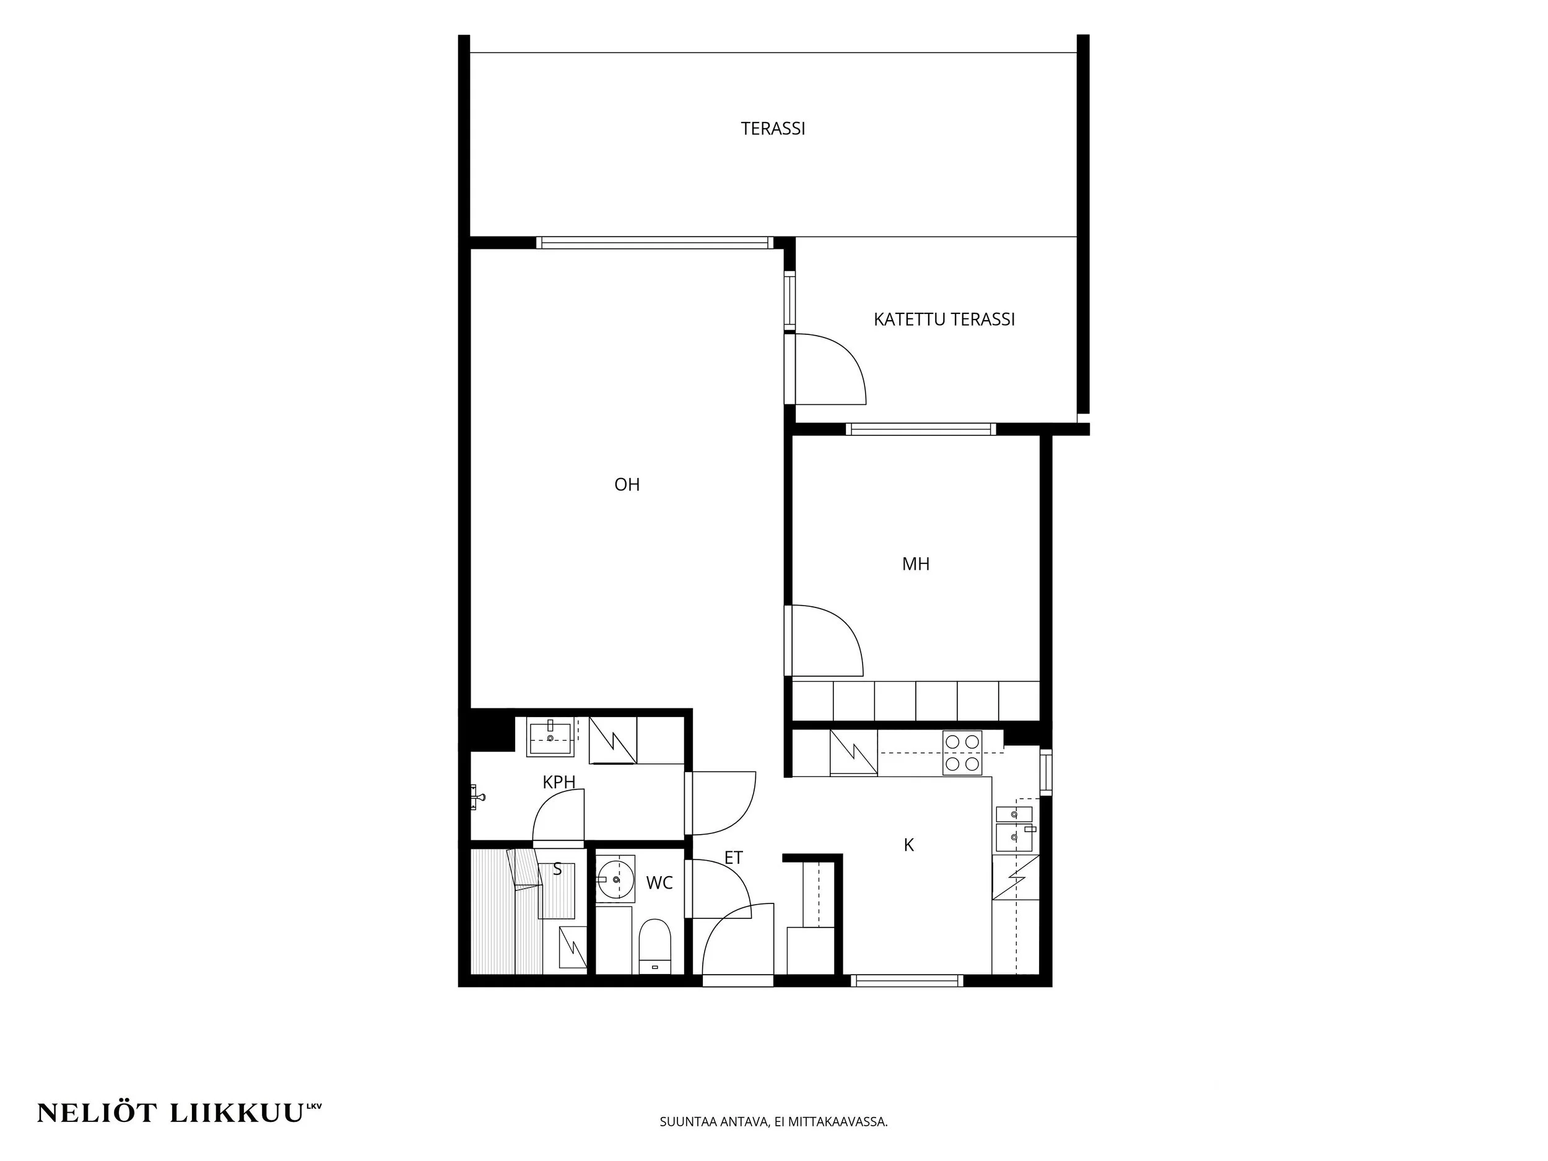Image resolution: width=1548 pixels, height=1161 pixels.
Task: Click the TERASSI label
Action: pos(773,129)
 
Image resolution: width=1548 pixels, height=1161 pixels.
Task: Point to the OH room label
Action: pos(627,485)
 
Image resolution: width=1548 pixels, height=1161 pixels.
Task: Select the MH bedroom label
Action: pos(915,564)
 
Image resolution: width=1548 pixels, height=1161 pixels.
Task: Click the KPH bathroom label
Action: pos(559,783)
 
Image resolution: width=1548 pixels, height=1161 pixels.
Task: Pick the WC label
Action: pos(659,883)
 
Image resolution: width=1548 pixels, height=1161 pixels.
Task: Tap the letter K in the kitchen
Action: pos(908,845)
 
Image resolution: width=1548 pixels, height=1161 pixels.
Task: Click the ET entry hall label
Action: pos(733,858)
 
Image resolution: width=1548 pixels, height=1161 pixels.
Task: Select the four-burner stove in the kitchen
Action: pos(962,753)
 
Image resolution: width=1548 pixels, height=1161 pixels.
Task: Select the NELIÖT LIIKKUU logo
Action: pos(179,1113)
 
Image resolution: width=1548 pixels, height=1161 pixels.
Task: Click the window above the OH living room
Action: pos(655,243)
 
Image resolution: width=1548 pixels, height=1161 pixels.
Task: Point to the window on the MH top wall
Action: pos(920,430)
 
